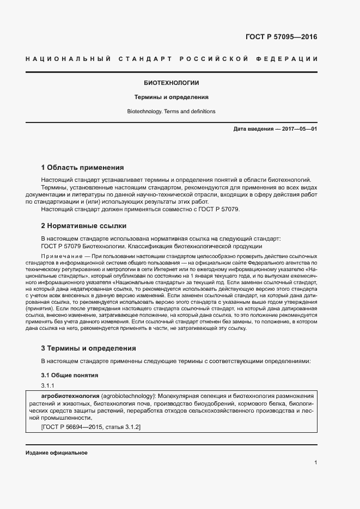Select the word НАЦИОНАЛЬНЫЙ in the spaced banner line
click(x=68, y=59)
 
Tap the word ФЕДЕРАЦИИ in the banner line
click(x=290, y=59)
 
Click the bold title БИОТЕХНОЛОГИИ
click(x=171, y=83)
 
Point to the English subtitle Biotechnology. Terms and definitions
click(x=171, y=112)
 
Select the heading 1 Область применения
click(x=82, y=167)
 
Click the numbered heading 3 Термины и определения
click(x=88, y=348)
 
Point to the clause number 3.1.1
click(x=48, y=385)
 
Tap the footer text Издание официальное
click(x=56, y=453)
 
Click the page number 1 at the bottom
click(x=315, y=462)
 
